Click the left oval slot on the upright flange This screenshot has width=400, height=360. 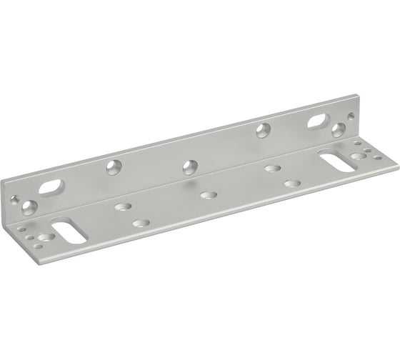tap(51, 188)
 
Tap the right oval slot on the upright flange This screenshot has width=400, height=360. tap(318, 122)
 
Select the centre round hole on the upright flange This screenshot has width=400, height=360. tap(189, 167)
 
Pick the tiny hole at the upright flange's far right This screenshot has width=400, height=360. tap(350, 116)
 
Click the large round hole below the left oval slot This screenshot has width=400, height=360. tap(29, 208)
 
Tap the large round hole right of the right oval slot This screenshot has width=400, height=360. tap(339, 129)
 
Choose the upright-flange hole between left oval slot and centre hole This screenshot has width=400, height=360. tap(114, 166)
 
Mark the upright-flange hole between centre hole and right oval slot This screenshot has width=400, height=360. tap(264, 130)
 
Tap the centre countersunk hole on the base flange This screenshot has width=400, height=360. tap(209, 194)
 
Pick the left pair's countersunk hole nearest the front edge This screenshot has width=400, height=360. tap(141, 224)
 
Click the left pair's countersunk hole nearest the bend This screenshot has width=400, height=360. tap(123, 207)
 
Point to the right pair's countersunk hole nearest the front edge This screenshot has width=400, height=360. tap(291, 184)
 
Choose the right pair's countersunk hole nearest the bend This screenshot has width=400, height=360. tap(272, 169)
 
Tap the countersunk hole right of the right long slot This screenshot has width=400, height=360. tap(359, 156)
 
